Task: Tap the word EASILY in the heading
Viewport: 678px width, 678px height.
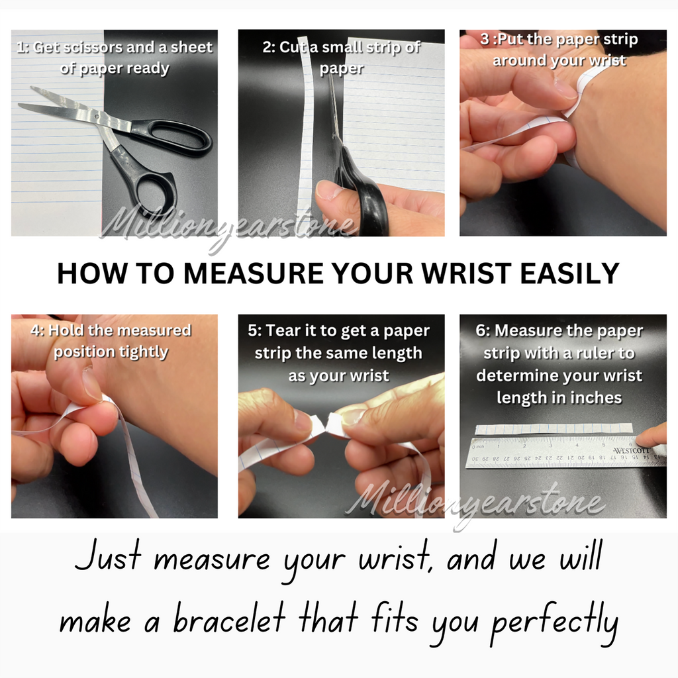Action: (570, 273)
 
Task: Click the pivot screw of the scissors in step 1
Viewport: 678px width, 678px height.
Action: (99, 116)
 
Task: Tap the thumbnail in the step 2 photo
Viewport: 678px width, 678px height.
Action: (328, 190)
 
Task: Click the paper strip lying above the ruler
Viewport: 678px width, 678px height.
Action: (554, 428)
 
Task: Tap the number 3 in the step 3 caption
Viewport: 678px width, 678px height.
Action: (484, 39)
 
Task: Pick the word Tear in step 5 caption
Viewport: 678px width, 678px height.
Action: (283, 331)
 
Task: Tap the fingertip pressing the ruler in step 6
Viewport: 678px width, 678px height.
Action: (649, 437)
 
